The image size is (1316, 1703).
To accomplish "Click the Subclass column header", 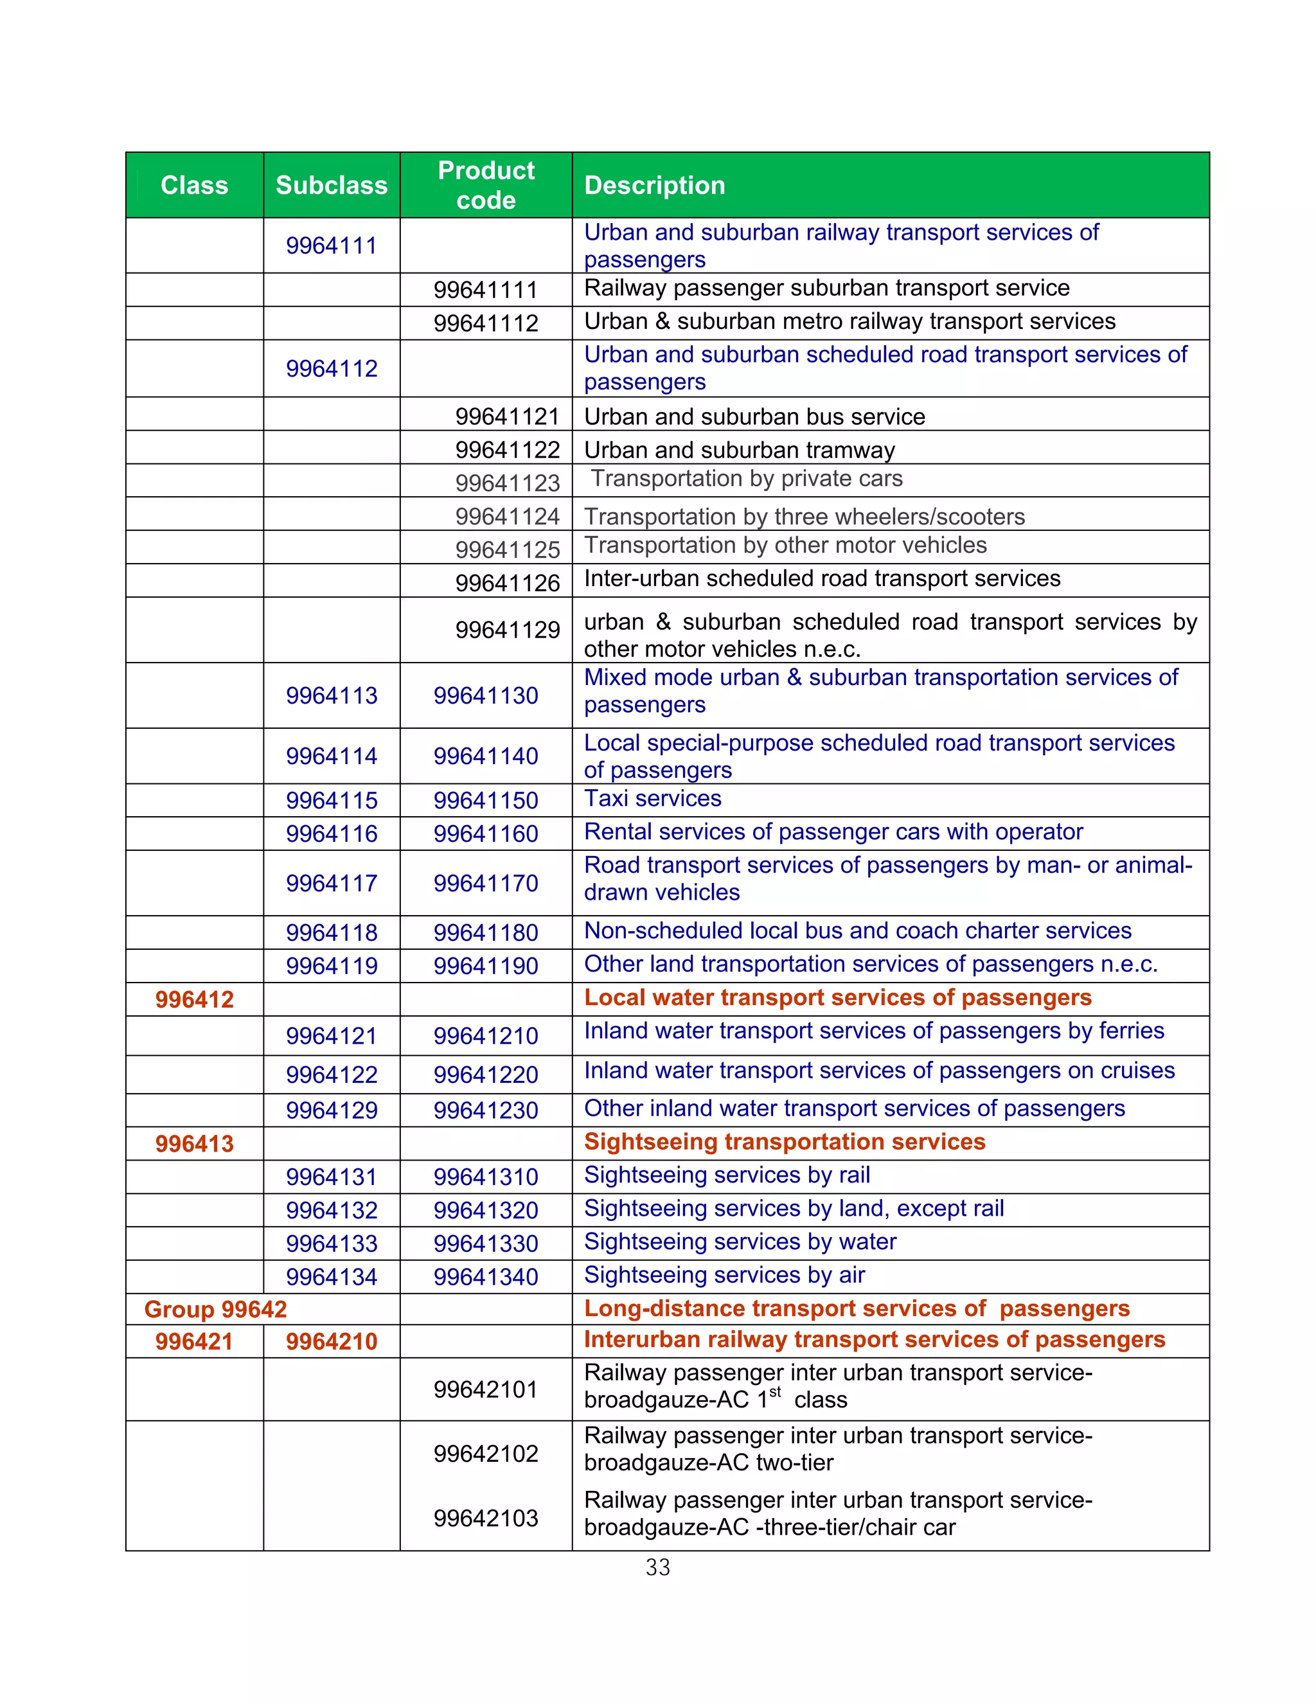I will click(332, 186).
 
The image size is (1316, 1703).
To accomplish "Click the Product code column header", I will click(486, 186).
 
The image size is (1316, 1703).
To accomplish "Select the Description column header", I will click(654, 186).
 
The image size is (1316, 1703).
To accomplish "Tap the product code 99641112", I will click(486, 323).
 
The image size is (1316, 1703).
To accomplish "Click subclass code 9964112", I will click(332, 368).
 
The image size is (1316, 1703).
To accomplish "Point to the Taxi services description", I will click(653, 798).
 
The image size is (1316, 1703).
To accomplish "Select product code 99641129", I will click(508, 629).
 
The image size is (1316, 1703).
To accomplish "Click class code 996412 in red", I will click(194, 1000).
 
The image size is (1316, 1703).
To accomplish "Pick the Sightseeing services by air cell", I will click(724, 1275).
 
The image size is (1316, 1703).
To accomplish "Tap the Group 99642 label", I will click(215, 1309).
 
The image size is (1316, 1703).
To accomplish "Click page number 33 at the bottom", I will click(657, 1567).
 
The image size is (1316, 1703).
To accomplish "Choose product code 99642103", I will click(486, 1518).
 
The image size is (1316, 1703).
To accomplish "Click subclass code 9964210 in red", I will click(332, 1342).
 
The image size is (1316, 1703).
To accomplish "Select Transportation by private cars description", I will click(746, 479).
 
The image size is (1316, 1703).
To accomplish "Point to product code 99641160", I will click(486, 834).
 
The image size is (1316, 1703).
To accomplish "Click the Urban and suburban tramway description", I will click(739, 450).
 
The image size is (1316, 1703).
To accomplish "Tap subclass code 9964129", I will click(332, 1110).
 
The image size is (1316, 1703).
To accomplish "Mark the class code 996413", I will click(194, 1144).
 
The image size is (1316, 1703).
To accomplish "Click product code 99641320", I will click(486, 1210).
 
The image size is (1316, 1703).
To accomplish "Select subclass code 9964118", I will click(332, 932).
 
